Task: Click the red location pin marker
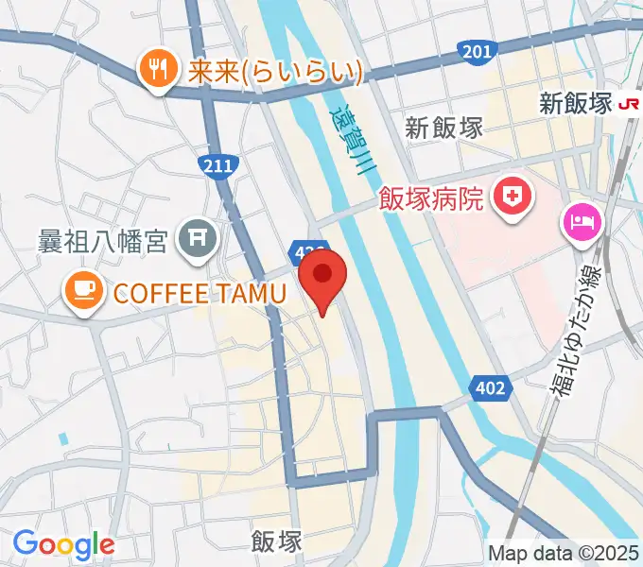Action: (x=322, y=276)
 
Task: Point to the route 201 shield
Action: (x=477, y=50)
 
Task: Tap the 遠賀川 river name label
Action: (x=354, y=142)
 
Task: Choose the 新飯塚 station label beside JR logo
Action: (x=577, y=103)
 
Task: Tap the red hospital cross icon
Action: (x=515, y=198)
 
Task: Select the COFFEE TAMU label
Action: (x=200, y=293)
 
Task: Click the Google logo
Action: (x=63, y=544)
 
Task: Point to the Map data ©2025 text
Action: (x=564, y=553)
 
